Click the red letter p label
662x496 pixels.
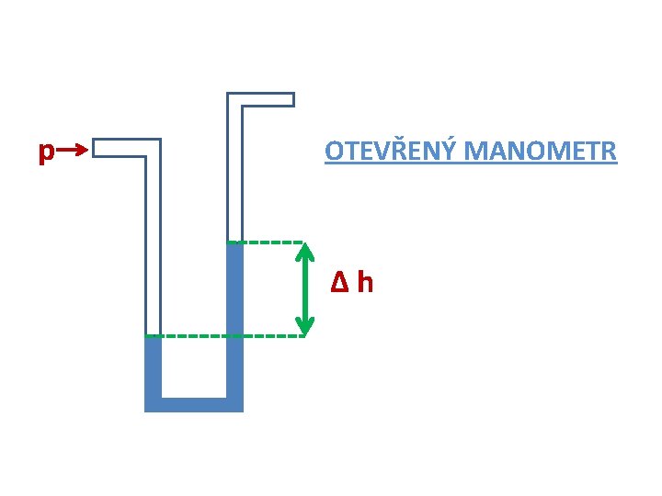click(45, 152)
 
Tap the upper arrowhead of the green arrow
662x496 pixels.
click(305, 250)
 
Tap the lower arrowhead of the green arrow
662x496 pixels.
click(305, 327)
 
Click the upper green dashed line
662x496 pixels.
click(271, 242)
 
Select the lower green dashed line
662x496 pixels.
click(230, 336)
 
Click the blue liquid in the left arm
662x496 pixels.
click(153, 367)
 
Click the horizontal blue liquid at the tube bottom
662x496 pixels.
click(194, 405)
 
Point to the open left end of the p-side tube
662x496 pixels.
click(96, 148)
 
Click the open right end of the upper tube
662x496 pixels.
click(292, 99)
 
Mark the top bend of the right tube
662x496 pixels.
click(234, 100)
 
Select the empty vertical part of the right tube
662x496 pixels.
click(234, 175)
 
